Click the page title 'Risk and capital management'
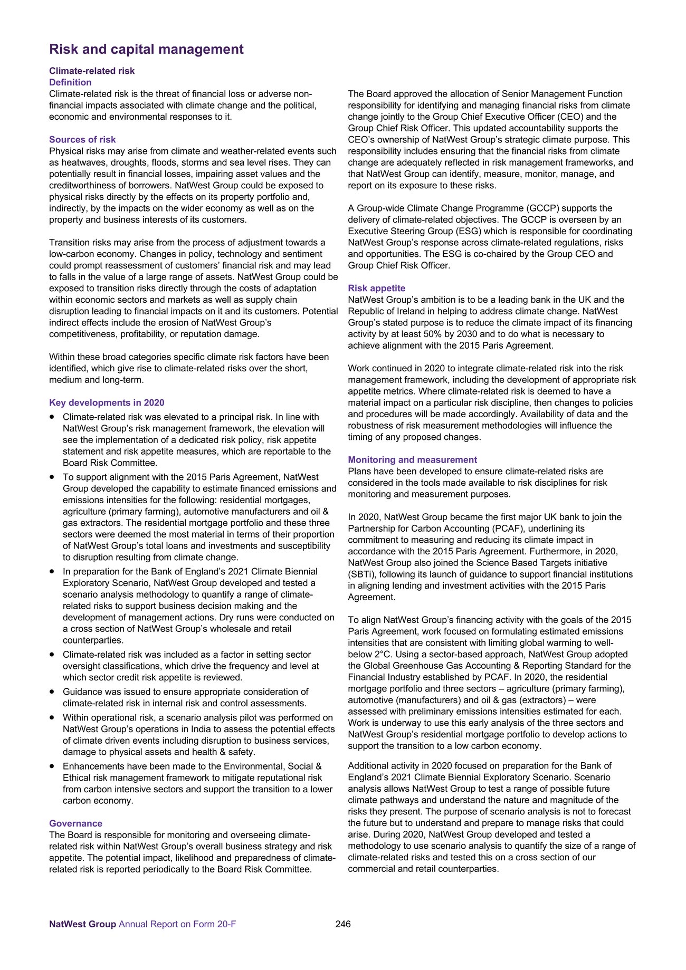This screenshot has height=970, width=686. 146,50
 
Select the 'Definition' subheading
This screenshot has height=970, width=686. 70,82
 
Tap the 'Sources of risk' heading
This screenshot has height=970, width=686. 82,140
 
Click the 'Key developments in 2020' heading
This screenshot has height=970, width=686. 107,403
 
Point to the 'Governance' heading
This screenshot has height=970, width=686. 75,823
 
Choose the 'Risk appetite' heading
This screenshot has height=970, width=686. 376,289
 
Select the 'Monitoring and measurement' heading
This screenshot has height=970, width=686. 412,460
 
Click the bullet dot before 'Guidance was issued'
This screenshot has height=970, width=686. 52,692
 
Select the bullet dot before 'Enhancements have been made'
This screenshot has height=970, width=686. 52,766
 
